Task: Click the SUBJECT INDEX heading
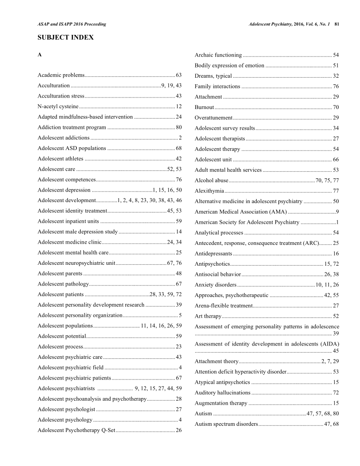click(x=66, y=38)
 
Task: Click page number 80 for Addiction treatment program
click(x=179, y=128)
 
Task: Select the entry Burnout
click(x=204, y=107)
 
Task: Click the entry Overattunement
click(x=214, y=117)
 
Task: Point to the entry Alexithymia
click(x=210, y=191)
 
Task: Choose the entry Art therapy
click(x=208, y=316)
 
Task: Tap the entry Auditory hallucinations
click(x=222, y=392)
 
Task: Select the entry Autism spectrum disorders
click(x=226, y=424)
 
